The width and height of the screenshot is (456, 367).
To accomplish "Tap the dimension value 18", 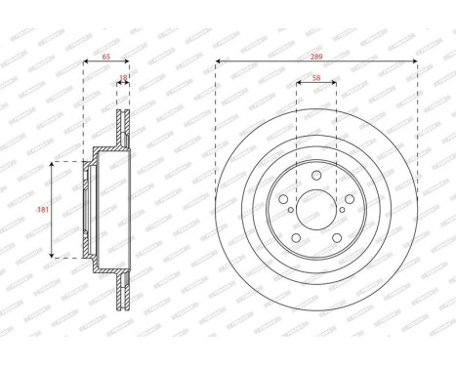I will pos(123,75).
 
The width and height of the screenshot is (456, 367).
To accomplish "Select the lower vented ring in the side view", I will pos(123,293).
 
